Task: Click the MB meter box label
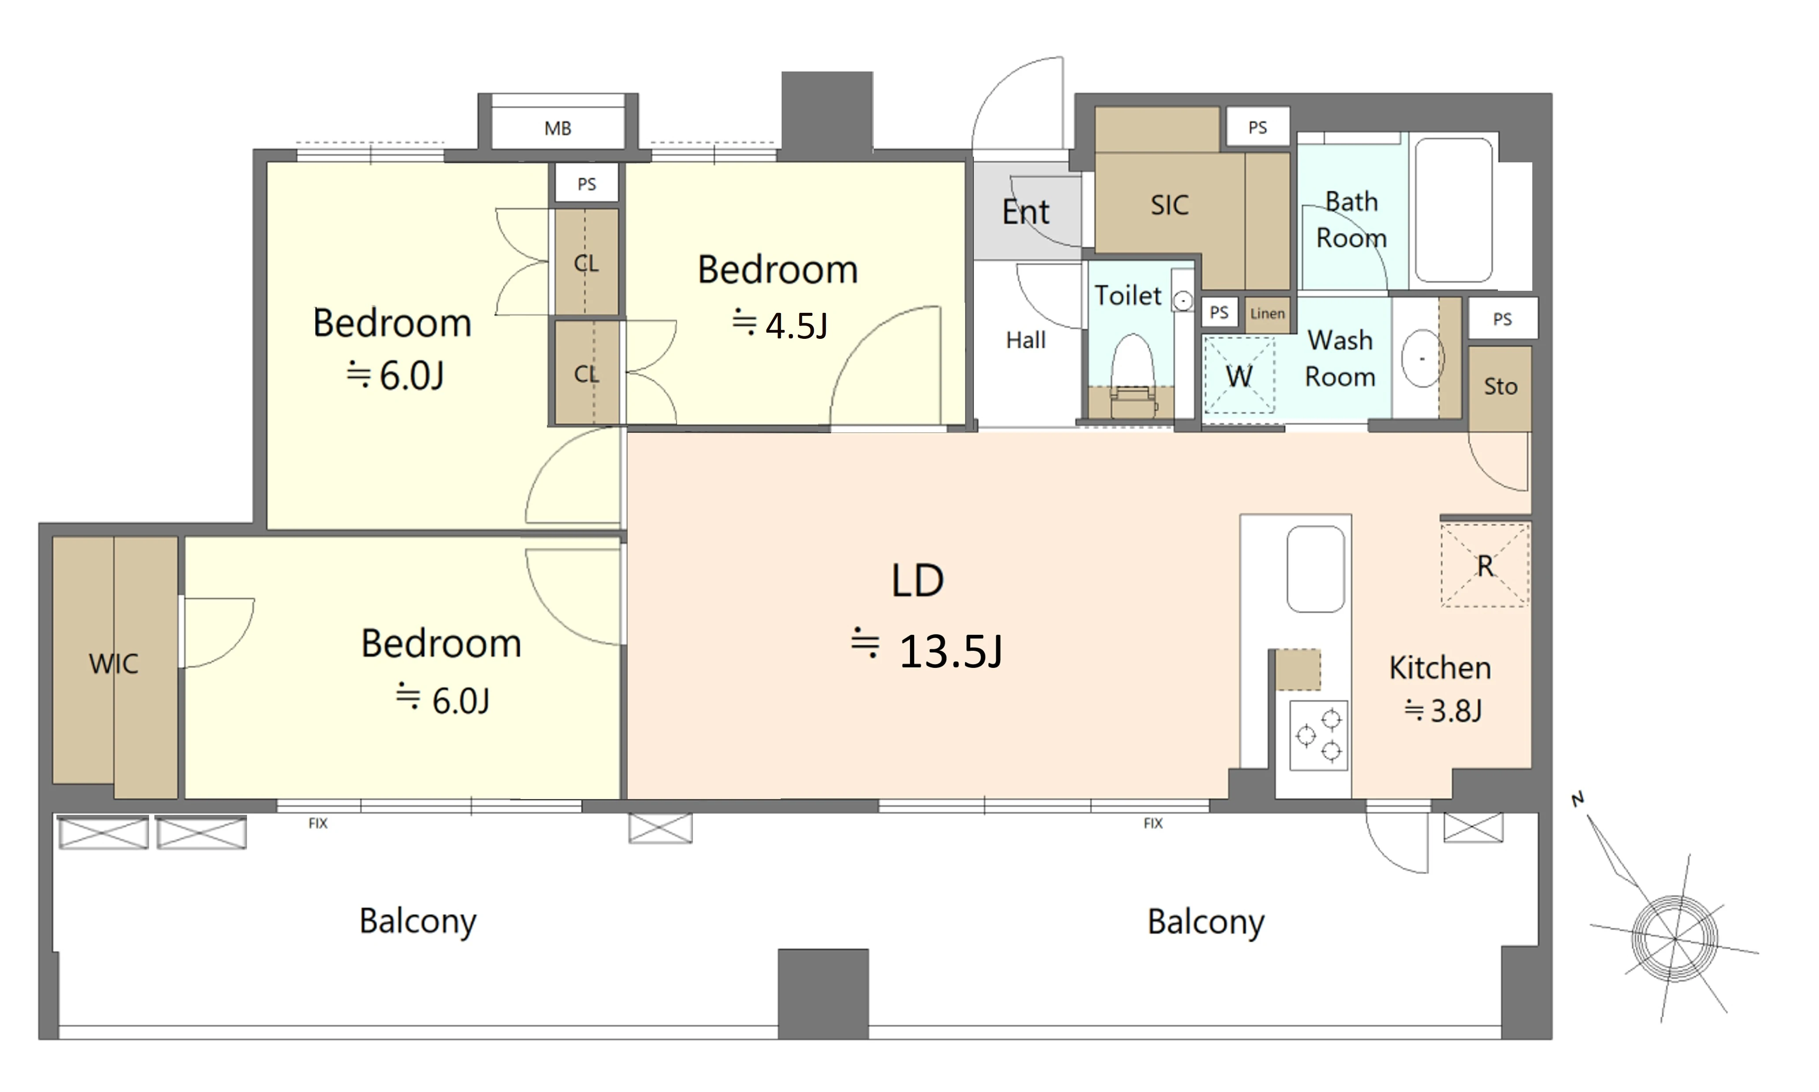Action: (558, 129)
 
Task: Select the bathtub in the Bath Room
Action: (1453, 210)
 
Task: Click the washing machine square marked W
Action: (1239, 375)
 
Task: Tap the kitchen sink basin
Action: (1316, 569)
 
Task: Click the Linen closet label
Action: (1267, 313)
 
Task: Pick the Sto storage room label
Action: (1501, 387)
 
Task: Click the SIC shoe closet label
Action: (1170, 205)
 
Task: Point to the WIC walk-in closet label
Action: (113, 664)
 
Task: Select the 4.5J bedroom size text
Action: (797, 325)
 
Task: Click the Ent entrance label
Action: (1026, 212)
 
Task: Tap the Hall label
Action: (1026, 340)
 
